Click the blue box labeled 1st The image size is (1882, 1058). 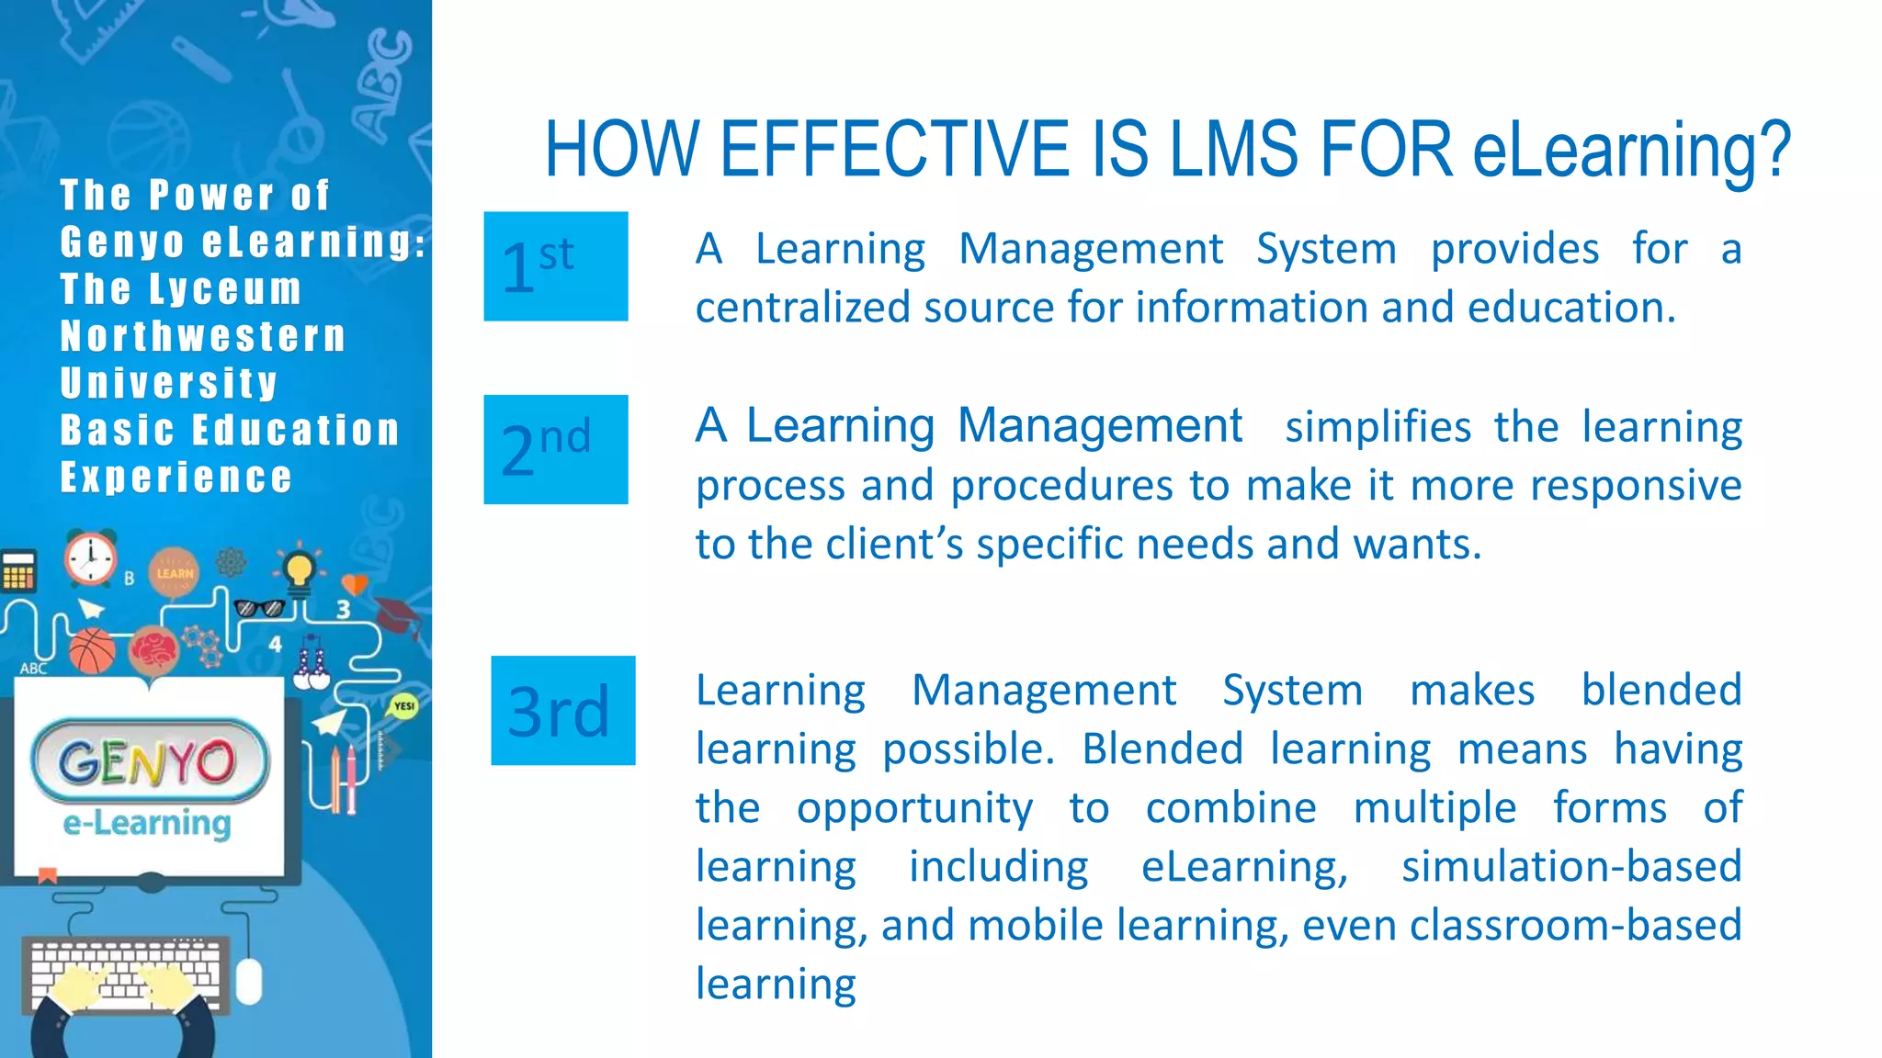556,266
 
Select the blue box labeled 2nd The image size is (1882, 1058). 556,449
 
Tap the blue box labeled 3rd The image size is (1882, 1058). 562,710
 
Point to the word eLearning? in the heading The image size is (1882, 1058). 1632,151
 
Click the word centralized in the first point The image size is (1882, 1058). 803,308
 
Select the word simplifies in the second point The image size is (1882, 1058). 1377,427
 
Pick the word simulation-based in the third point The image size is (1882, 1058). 1571,866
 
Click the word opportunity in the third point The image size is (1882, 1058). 914,808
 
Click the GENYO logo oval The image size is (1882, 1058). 150,761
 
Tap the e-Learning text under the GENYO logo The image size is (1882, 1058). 147,823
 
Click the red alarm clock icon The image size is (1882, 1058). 90,557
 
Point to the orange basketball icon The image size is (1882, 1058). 92,651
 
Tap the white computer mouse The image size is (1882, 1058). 249,981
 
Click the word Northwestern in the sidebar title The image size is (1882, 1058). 203,336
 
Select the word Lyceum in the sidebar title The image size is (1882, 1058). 226,289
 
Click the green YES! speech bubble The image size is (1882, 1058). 403,706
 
